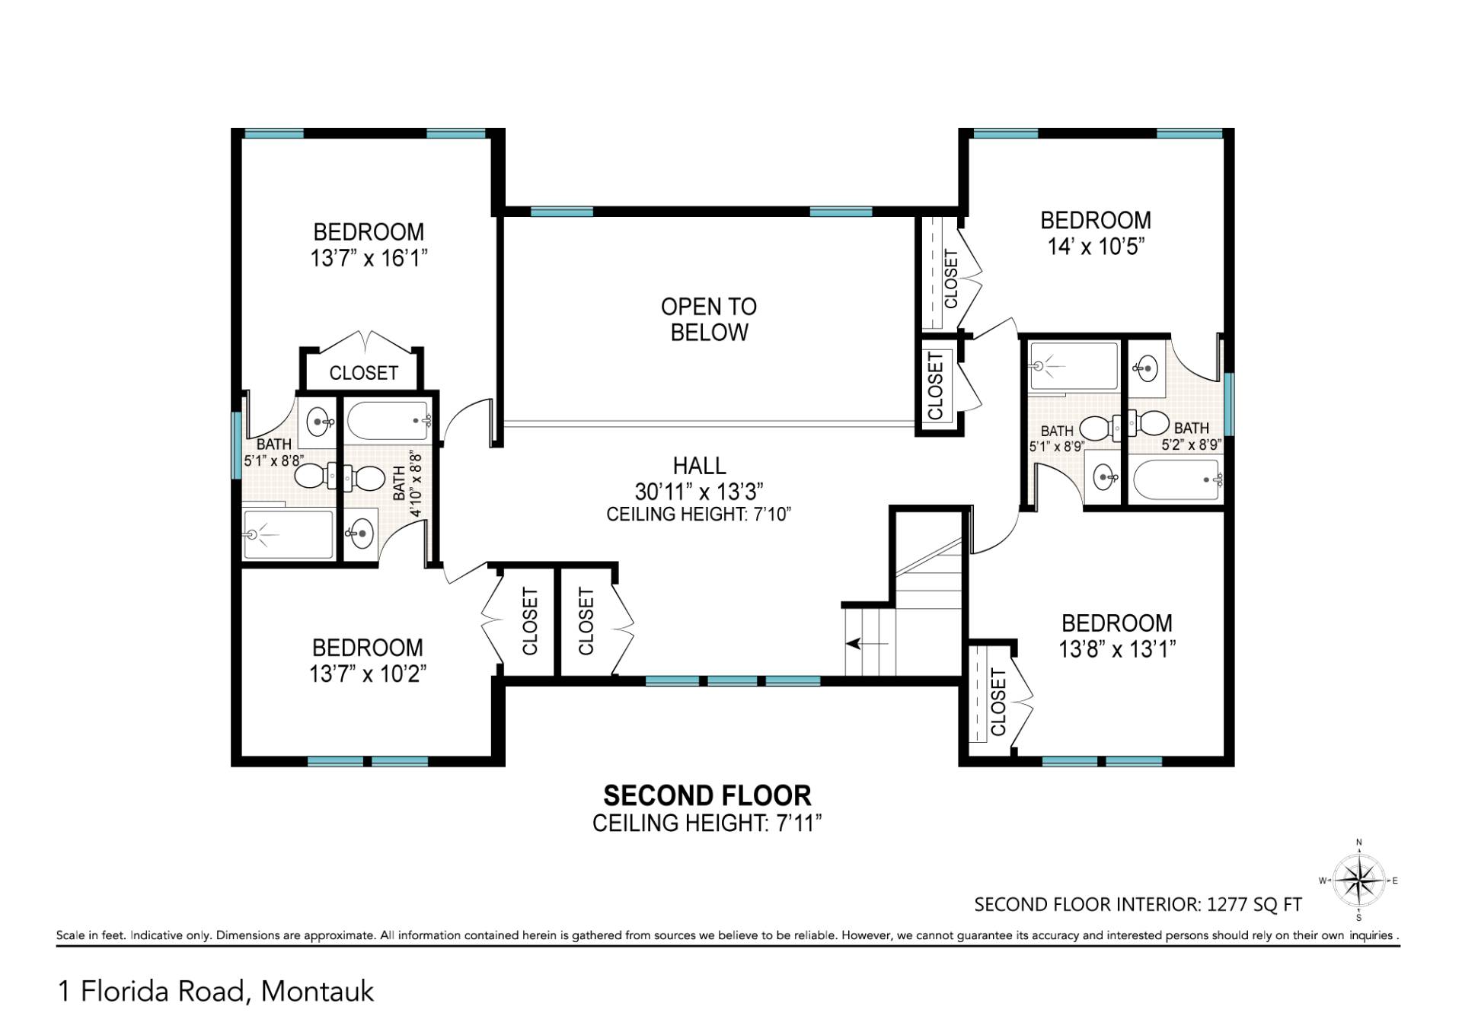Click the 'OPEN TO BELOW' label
pos(708,319)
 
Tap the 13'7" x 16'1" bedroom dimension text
pos(369,258)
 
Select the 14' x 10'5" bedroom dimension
pos(1096,246)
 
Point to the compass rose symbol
pos(1359,881)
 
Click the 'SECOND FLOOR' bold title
pos(707,796)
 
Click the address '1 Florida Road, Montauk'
pos(216,992)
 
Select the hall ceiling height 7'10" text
pos(698,514)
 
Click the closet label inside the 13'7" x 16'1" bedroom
pos(363,373)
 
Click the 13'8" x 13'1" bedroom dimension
pos(1116,649)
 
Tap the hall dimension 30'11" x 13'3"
pos(698,491)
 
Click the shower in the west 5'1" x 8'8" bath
pos(288,535)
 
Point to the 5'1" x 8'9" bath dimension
pos(1055,447)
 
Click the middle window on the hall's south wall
pos(732,680)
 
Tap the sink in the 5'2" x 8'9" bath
pos(1145,369)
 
